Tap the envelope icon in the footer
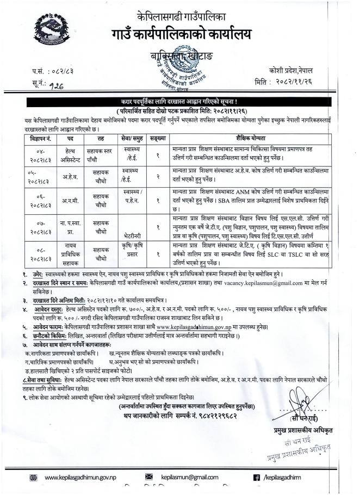coord(150,478)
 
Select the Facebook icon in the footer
coord(257,478)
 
